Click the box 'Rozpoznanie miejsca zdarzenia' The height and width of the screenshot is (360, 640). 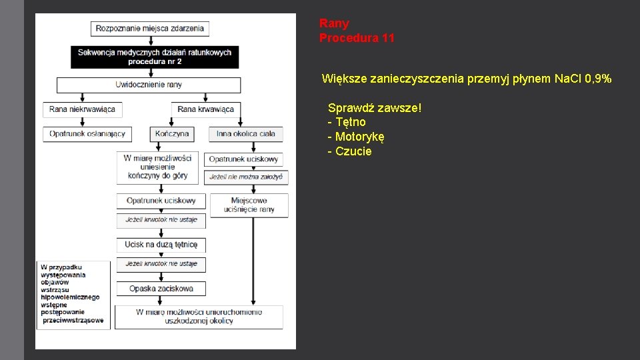coord(151,29)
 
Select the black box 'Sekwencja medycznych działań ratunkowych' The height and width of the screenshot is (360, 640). coord(155,57)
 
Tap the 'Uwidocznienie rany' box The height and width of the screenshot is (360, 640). coord(149,85)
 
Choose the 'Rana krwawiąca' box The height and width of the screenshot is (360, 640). coord(206,109)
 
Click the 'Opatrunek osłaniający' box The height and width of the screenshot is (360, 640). coord(87,134)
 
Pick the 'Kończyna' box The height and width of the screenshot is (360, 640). coord(171,134)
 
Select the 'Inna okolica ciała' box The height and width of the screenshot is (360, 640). coord(245,134)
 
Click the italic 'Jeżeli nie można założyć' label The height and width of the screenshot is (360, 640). coord(246,177)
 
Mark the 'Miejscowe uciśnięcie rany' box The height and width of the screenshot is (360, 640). coord(249,205)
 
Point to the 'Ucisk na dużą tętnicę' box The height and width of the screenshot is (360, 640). coord(161,245)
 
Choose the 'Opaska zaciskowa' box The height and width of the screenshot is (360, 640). coord(161,289)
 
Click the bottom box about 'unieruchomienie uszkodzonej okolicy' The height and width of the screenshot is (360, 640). coord(199,317)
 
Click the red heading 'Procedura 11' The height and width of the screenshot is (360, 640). coord(357,38)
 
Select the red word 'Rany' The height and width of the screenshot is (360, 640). coord(334,24)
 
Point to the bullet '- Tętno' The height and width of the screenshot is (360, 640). coord(347,122)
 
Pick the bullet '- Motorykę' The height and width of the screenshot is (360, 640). coord(356,137)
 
